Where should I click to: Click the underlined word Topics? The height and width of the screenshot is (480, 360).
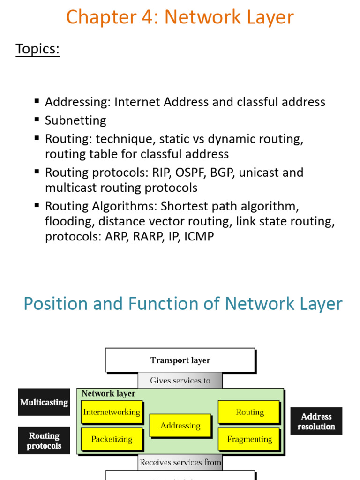coord(37,49)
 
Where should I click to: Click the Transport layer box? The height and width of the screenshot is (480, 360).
coord(180,360)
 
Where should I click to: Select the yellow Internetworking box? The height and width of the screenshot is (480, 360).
coord(112,412)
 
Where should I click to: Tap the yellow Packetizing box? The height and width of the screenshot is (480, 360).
coord(112,439)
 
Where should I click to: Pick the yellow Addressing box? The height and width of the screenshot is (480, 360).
coord(180,426)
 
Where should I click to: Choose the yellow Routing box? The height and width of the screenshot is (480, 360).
coord(249,412)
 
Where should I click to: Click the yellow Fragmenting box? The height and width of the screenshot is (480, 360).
coord(249,439)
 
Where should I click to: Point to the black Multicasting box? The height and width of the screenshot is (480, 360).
coord(44,402)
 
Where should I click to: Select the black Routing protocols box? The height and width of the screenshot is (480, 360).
coord(44,441)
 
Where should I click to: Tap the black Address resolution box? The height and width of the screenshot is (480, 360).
coord(316,421)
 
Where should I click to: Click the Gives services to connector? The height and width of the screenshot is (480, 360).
coord(180,381)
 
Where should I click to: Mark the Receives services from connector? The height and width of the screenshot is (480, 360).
coord(180,462)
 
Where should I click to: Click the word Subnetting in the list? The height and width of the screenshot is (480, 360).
coord(75,120)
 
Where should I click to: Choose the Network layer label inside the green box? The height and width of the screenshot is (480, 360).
coord(108,394)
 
